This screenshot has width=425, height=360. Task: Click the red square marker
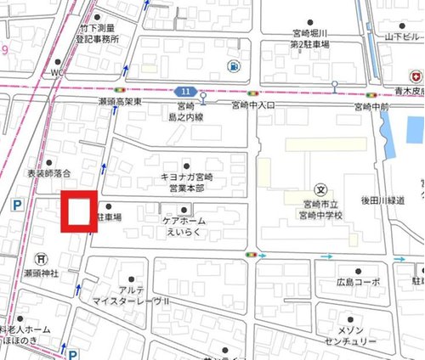coord(76,211)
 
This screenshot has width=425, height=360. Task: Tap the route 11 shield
coord(185,90)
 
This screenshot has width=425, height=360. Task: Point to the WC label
coord(58,73)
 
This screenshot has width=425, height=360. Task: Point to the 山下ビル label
coord(402,38)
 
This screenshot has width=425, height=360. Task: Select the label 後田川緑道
coord(392,200)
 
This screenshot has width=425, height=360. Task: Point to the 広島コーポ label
coord(354,282)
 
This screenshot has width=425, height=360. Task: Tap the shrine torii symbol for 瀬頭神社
coord(39,258)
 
